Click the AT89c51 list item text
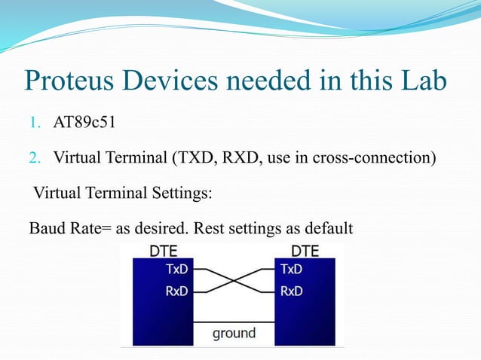click(x=84, y=123)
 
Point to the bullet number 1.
click(x=35, y=123)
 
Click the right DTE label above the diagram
click(x=305, y=251)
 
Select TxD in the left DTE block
click(x=178, y=268)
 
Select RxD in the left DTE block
click(x=178, y=291)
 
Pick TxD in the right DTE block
click(x=292, y=268)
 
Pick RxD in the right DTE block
click(x=292, y=291)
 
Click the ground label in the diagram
click(x=234, y=332)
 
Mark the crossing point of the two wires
click(x=234, y=280)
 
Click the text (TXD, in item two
click(x=195, y=158)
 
